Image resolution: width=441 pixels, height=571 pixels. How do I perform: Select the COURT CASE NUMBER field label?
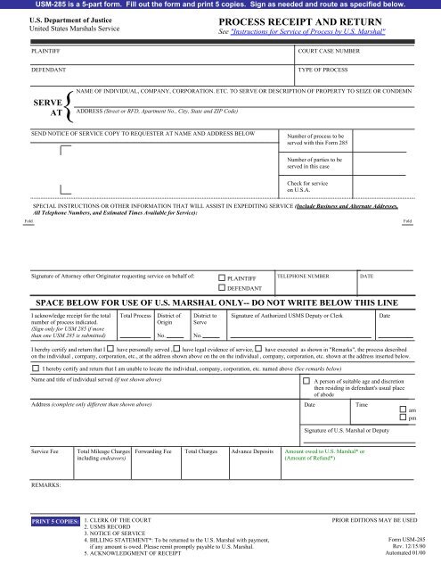coord(331,52)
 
